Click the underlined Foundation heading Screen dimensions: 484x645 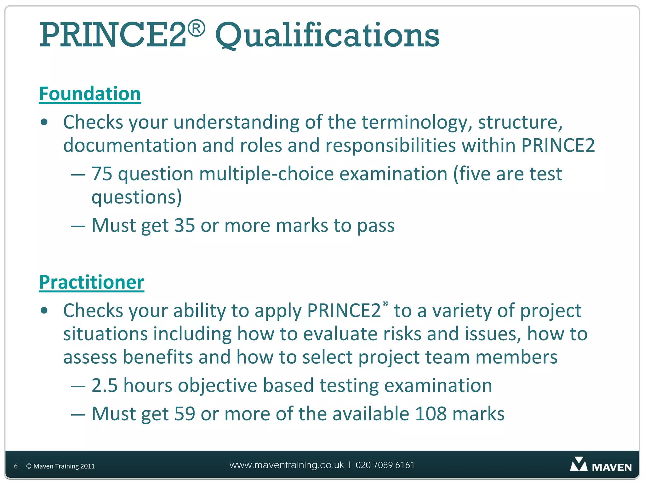[x=90, y=94]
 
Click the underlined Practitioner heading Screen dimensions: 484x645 [x=91, y=282]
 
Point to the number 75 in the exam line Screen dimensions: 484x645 [x=102, y=174]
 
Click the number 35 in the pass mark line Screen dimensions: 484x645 [x=185, y=226]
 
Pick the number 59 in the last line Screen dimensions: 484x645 [x=185, y=414]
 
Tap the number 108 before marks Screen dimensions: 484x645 [x=431, y=414]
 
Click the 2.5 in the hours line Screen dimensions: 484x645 [x=105, y=385]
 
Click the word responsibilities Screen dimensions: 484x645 [x=391, y=146]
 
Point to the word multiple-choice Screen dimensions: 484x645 [x=266, y=174]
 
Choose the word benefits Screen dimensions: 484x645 [x=157, y=357]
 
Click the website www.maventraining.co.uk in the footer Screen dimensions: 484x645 [x=287, y=465]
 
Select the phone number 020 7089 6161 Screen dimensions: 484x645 [x=385, y=465]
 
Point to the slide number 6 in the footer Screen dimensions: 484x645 [x=16, y=466]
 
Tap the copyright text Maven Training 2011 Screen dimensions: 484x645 [x=60, y=466]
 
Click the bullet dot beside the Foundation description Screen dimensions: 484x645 [x=44, y=122]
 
